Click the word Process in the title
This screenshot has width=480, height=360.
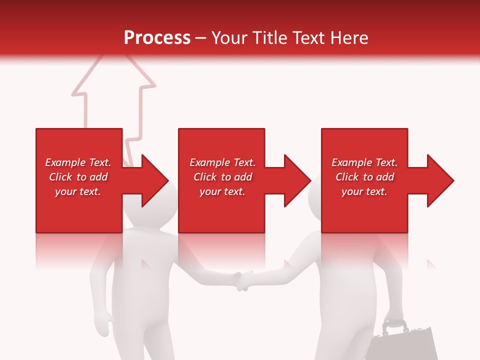(x=157, y=38)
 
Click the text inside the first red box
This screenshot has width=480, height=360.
(x=78, y=177)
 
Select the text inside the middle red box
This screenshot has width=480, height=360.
(x=222, y=177)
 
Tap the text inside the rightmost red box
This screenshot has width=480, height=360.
(x=364, y=177)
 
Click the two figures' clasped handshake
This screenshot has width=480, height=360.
(x=244, y=280)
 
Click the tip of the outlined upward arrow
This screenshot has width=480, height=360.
(x=113, y=54)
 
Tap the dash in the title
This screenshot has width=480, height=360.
(x=201, y=38)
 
